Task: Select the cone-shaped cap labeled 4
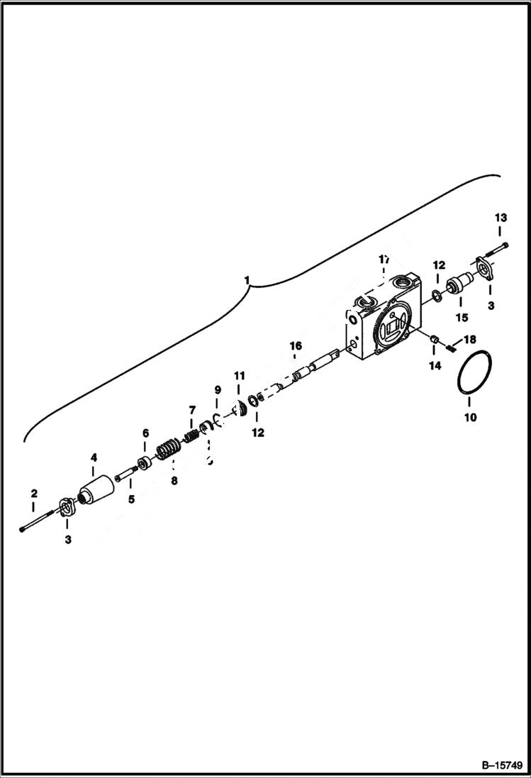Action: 96,490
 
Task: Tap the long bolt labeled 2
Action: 39,521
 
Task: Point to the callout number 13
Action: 501,217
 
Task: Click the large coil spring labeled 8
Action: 167,450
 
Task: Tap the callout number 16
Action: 295,345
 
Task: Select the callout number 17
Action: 384,259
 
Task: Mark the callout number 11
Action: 239,374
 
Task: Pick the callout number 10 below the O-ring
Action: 470,418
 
